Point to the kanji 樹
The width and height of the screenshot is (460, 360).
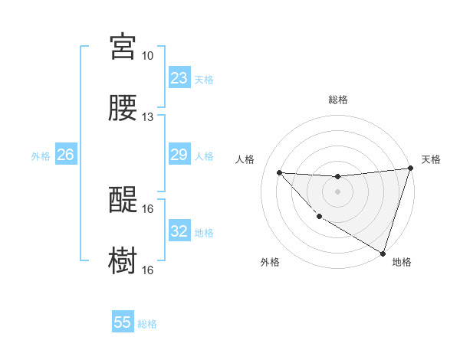coord(123,260)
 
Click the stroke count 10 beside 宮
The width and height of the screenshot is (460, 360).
coord(148,56)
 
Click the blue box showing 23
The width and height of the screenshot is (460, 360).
coord(179,78)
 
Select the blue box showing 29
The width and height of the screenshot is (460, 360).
coord(179,155)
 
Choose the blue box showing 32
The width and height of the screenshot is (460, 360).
coord(179,231)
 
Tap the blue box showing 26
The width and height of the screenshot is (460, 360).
coord(65,155)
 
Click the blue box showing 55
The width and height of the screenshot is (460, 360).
coord(123,322)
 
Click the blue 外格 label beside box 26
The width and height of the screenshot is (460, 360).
coord(41,155)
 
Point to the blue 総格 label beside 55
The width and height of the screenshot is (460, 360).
coord(147,323)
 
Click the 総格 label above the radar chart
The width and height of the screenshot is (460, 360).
coord(337,100)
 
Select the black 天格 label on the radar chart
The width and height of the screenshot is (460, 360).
coord(431,159)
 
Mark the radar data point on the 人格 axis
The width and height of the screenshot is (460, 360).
coord(279,172)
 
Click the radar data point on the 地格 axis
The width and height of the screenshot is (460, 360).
coord(383,253)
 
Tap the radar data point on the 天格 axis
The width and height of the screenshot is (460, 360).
coord(410,169)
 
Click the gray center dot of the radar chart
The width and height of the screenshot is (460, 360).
coord(337,191)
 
